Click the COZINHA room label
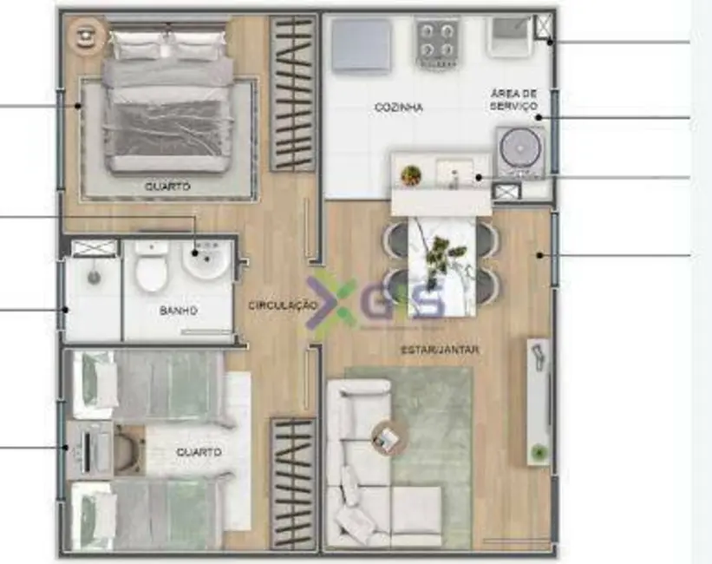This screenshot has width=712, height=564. (x=399, y=108)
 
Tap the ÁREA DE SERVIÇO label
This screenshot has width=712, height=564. (x=513, y=99)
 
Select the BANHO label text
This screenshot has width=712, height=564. (x=179, y=310)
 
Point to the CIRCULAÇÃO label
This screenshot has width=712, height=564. (x=282, y=305)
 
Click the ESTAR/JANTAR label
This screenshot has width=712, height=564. (x=440, y=350)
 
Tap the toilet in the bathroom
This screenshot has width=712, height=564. (x=151, y=266)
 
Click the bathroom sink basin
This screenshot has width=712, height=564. (x=206, y=260)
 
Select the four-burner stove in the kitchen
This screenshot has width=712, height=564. (x=437, y=40)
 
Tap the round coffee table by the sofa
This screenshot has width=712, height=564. (x=386, y=437)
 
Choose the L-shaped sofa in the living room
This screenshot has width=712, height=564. (x=364, y=469)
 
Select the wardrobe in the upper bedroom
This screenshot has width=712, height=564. (x=292, y=94)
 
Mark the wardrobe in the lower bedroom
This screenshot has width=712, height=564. (x=292, y=483)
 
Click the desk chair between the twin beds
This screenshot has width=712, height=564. (x=128, y=449)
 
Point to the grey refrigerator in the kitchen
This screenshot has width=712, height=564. (x=361, y=45)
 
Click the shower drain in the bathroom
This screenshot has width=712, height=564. (x=93, y=279)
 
